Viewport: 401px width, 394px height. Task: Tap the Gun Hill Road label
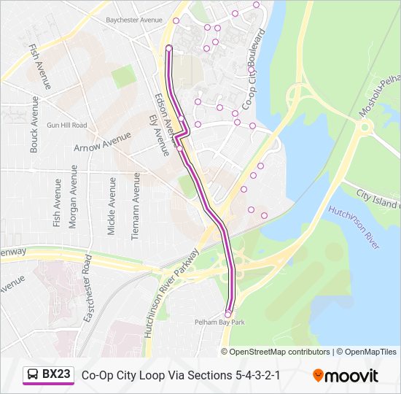point(66,125)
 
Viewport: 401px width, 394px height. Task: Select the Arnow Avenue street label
point(102,142)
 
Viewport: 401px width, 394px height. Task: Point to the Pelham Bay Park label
point(219,322)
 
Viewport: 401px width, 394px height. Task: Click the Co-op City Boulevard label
point(253,70)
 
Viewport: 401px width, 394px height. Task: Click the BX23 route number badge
point(56,374)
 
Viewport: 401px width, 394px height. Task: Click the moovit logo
point(346,375)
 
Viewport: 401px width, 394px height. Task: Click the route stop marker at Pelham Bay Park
point(228,314)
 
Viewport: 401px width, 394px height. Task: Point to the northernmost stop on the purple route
point(169,48)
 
